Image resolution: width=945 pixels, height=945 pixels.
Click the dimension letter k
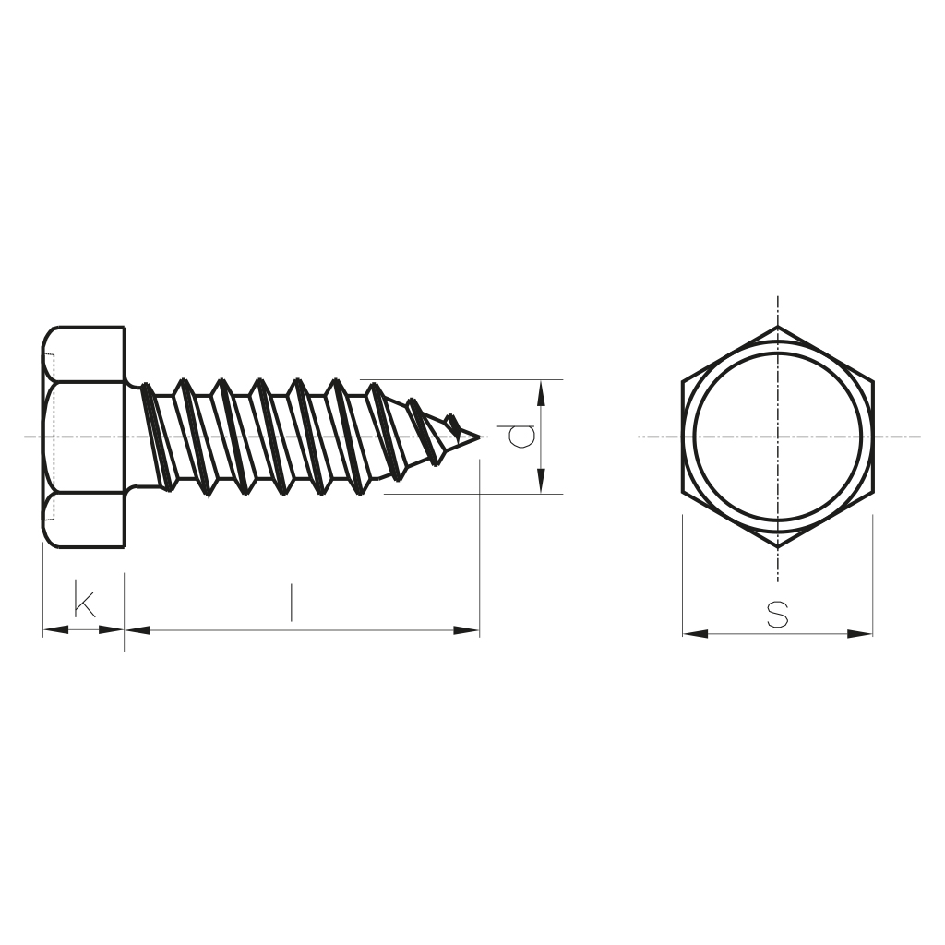[84, 598]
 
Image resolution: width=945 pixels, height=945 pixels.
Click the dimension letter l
[292, 602]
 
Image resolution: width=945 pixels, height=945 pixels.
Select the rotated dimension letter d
[520, 437]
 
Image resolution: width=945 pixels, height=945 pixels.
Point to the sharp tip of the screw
[480, 437]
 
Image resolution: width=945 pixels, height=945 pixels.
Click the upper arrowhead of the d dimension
[541, 392]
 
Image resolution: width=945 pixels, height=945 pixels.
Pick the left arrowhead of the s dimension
[696, 633]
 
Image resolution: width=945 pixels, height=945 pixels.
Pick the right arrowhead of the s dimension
[860, 633]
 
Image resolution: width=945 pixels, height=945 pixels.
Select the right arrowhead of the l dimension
[467, 630]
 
